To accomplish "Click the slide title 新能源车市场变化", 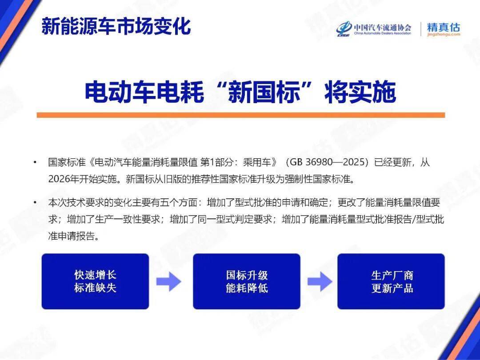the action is point(116,26).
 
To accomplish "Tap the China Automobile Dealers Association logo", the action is point(374,29).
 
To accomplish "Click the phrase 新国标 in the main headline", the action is point(264,92).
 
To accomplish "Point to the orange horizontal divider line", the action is point(240,115).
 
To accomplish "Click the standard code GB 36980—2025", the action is point(327,162).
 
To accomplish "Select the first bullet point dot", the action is point(35,162).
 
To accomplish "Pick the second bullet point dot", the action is point(35,202).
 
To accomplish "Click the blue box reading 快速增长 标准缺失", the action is point(95,281).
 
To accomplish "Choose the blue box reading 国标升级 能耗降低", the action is point(247,281).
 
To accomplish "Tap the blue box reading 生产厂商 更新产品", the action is point(391,281).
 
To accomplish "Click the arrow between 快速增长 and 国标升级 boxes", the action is point(169,281).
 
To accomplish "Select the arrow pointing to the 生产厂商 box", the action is point(320,281).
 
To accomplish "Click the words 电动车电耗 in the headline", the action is point(144,92).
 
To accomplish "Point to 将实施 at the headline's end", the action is point(360,92).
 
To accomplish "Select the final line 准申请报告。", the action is point(74,236).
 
